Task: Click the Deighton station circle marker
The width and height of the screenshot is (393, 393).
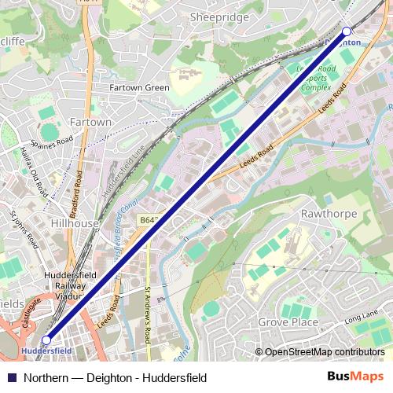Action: pos(347,31)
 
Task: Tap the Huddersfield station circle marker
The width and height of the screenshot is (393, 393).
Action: pos(46,340)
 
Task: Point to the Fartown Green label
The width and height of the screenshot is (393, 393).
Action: pos(140,88)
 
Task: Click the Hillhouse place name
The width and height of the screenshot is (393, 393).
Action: pos(74,223)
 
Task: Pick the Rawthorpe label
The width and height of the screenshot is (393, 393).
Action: pos(329,214)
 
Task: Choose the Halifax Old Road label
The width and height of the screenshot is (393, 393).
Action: pos(34,167)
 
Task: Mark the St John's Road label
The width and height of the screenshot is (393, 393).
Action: pos(21,229)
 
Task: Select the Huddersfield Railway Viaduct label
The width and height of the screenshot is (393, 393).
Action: pos(71,286)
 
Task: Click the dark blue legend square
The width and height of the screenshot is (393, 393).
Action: pos(11,378)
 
